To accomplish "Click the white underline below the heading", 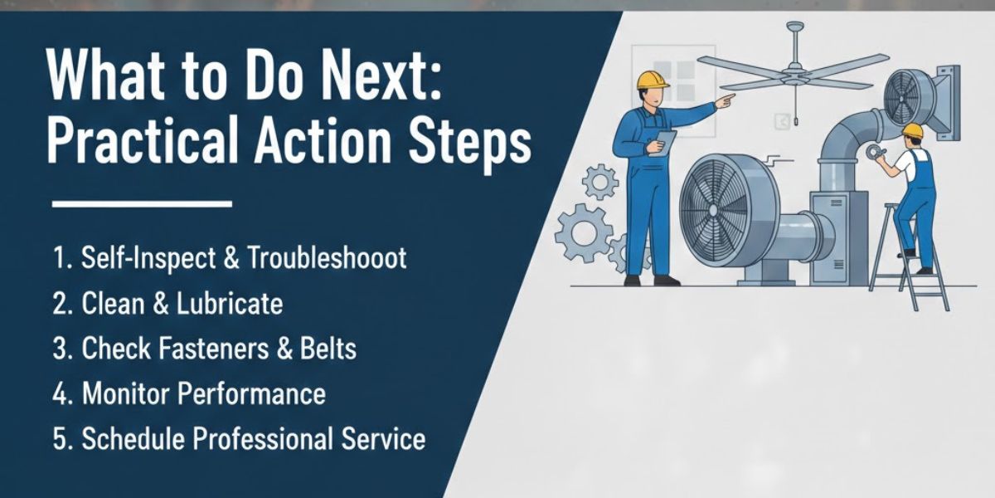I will coord(142,203).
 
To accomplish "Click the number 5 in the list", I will coord(60,438).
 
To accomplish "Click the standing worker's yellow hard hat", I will coord(653,79).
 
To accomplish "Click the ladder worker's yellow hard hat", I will coord(912,131).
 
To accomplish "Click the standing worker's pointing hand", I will coord(726,101).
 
